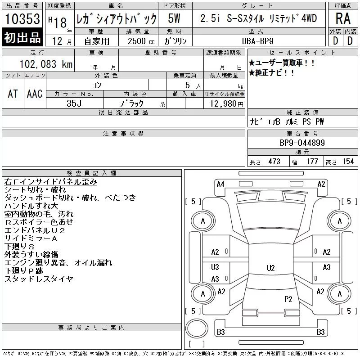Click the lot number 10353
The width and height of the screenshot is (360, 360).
[x=22, y=18]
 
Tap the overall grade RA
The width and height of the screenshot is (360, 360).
[x=343, y=18]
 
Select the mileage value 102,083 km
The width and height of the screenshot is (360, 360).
[x=46, y=64]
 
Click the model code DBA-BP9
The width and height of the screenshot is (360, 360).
[x=257, y=41]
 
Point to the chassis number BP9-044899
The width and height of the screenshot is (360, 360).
[x=302, y=143]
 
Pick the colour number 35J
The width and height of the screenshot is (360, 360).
[x=74, y=103]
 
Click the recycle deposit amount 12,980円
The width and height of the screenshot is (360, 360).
[x=226, y=104]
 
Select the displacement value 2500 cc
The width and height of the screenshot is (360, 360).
[x=141, y=41]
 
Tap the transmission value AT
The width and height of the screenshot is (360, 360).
[x=13, y=94]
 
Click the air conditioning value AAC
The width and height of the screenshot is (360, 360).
[x=35, y=94]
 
